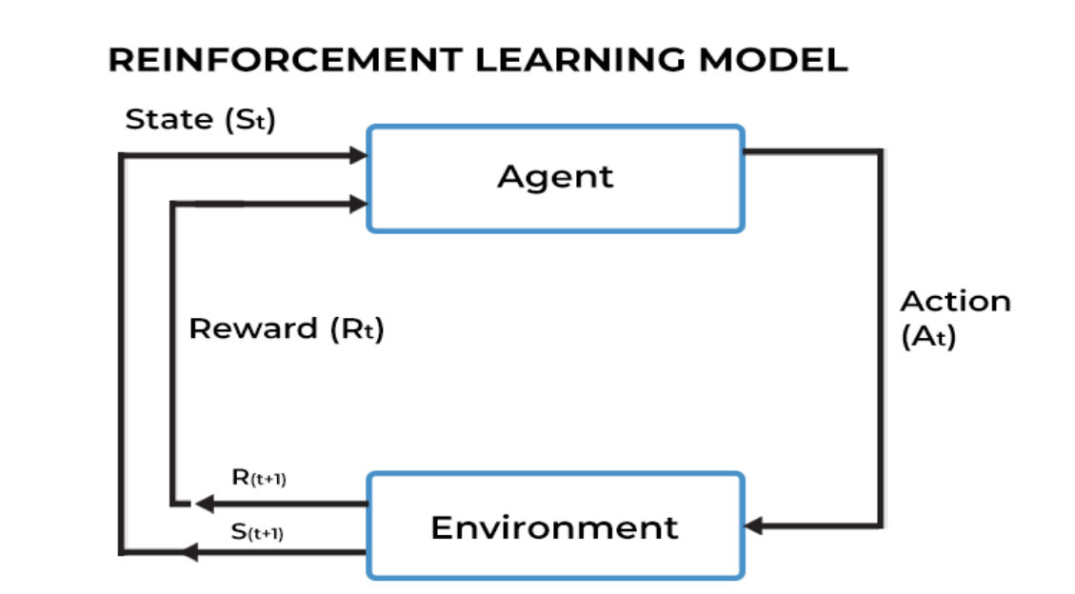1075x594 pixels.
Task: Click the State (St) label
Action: (x=200, y=121)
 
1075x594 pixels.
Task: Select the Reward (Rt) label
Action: (x=286, y=329)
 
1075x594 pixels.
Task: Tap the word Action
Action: (x=955, y=302)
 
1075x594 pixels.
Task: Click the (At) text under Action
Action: (x=928, y=337)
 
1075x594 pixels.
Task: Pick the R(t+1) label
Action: (x=259, y=479)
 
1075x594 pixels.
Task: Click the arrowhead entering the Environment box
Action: (x=754, y=525)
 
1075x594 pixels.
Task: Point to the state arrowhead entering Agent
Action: (x=358, y=155)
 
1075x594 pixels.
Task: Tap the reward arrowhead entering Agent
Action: (x=358, y=204)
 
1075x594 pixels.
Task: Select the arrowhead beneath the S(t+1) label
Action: (x=189, y=551)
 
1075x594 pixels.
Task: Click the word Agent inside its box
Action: (x=555, y=177)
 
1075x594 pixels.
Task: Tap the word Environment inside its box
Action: (x=554, y=526)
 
